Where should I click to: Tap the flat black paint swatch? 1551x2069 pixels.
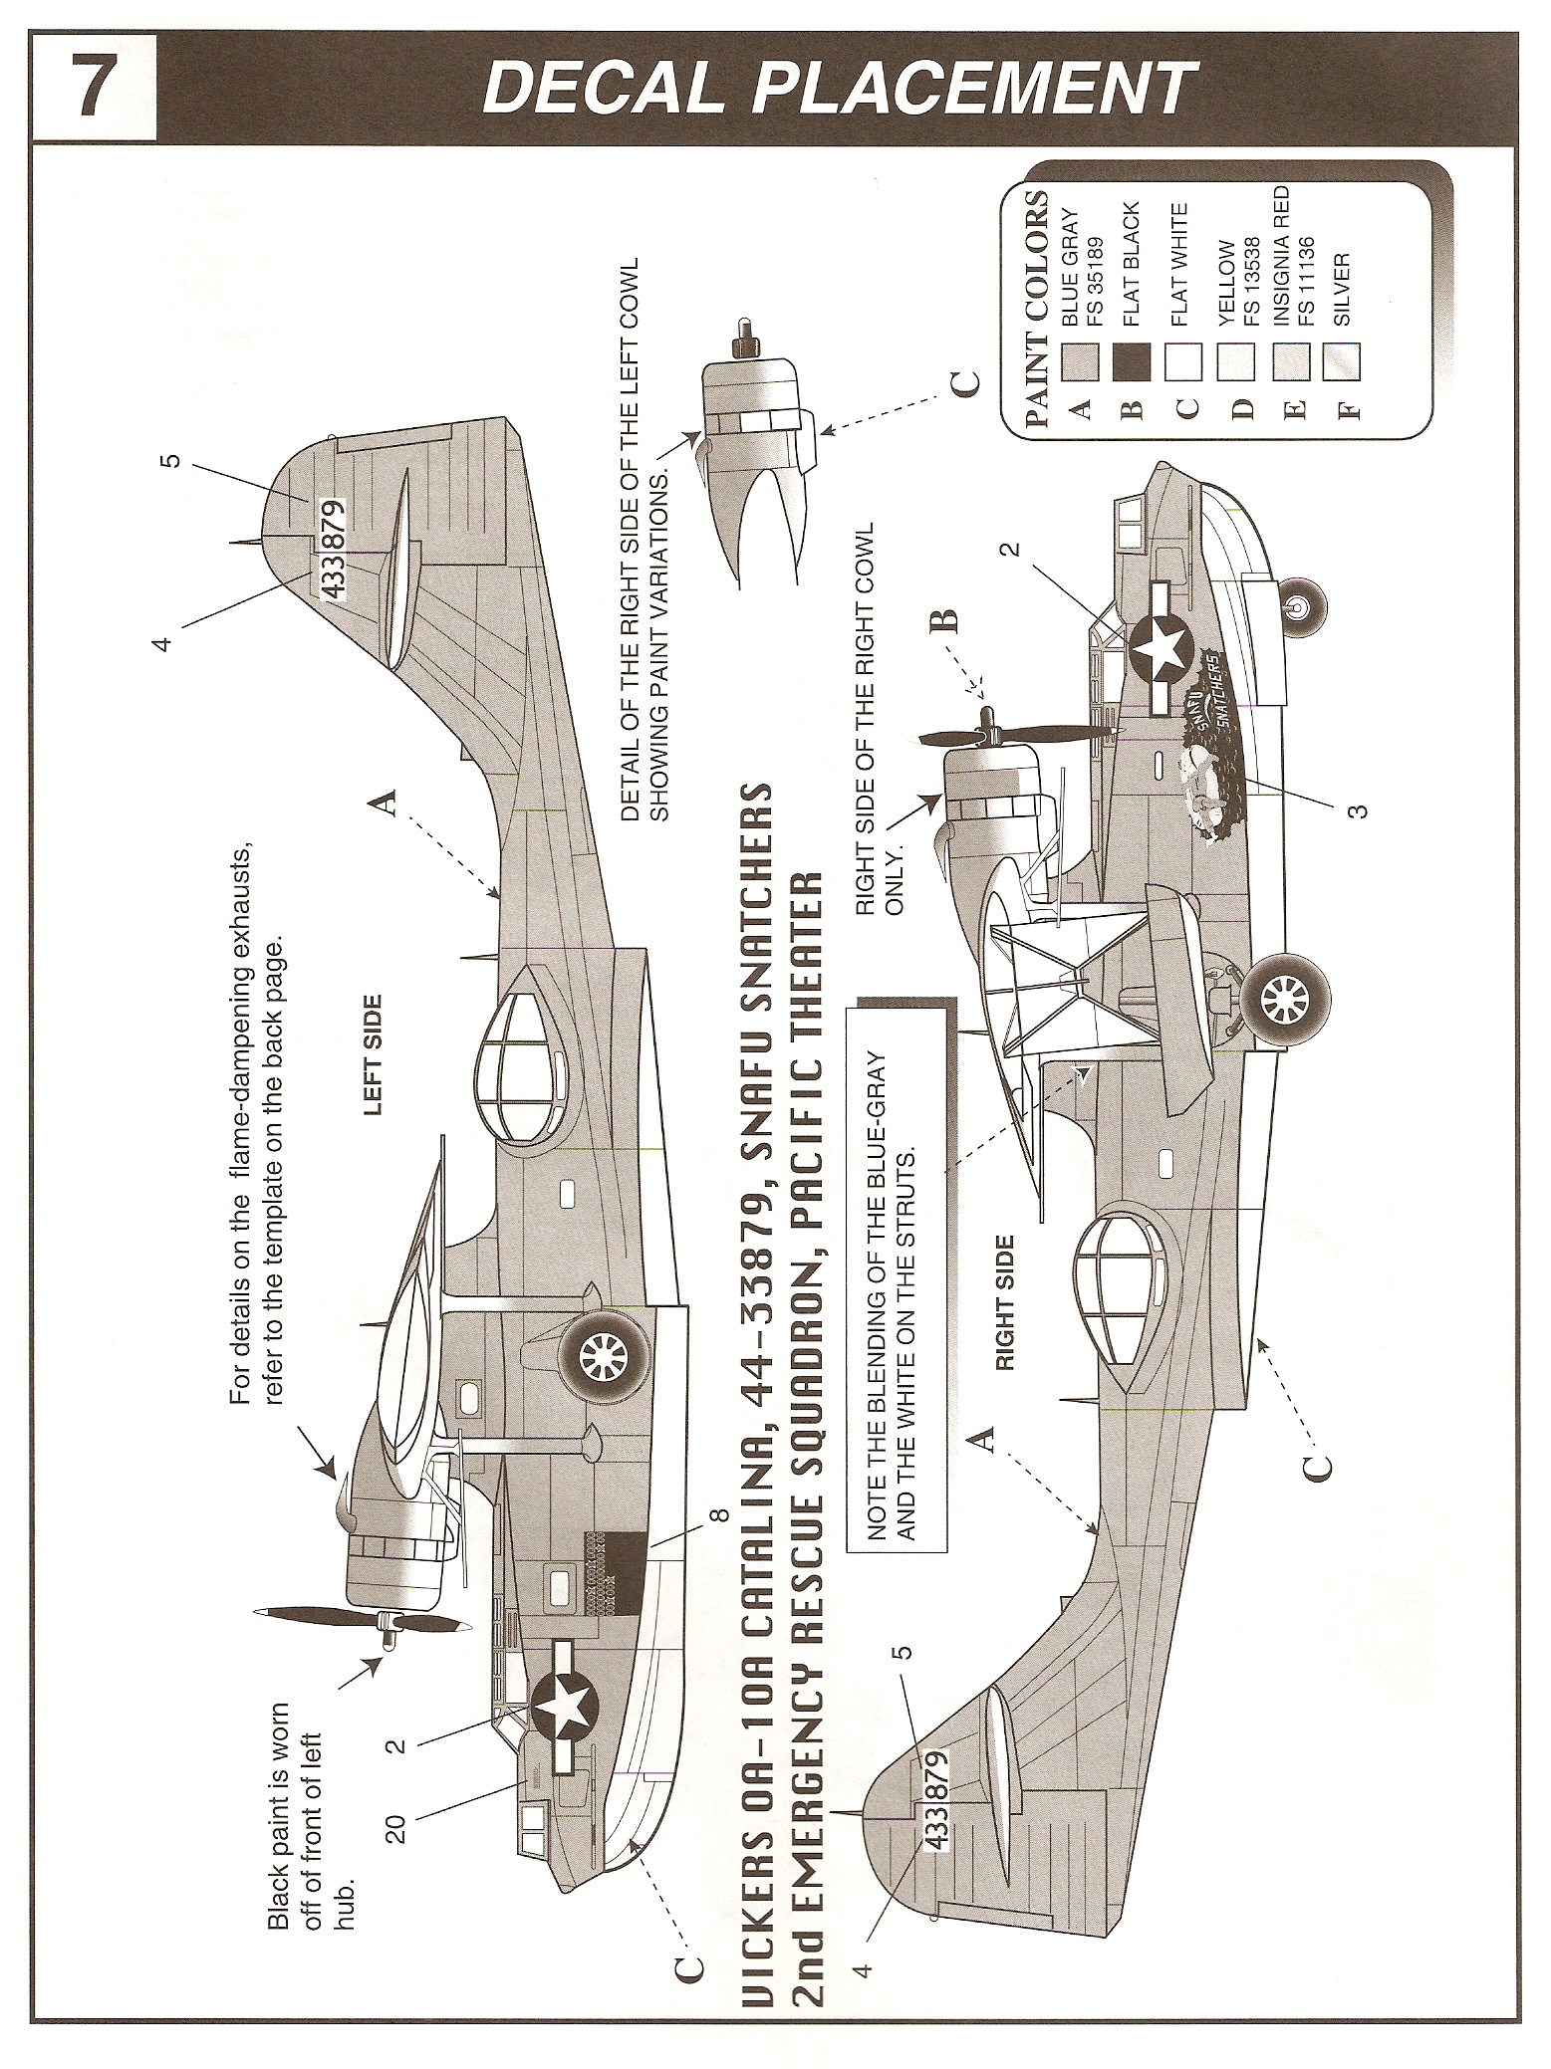point(1136,360)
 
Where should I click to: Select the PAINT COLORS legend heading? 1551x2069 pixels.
point(1035,308)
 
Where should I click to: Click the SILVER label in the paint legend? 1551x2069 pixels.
point(1342,290)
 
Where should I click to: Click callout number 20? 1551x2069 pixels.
point(396,1827)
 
